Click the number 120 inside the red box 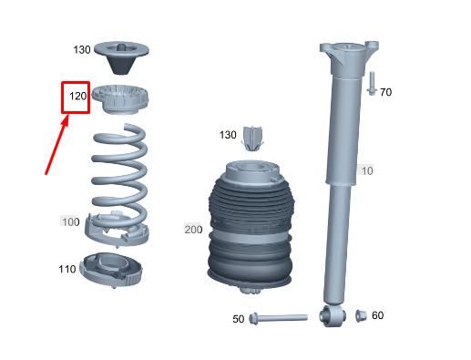coord(78,97)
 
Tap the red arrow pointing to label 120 coord(56,146)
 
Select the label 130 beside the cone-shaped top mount coord(82,50)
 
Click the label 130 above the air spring coord(228,135)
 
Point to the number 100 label coord(71,221)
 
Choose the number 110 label coord(67,269)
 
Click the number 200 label coord(193,230)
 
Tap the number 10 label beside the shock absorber coord(367,170)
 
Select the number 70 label coord(386,92)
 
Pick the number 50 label coord(239,319)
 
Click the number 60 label coord(378,315)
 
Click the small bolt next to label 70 coord(372,84)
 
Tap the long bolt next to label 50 coord(278,318)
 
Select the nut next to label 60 coord(361,316)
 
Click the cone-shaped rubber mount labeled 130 coord(121,57)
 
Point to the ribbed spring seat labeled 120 coord(120,99)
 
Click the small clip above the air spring coord(252,139)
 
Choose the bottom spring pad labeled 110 coord(110,271)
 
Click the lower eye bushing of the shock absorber coord(333,316)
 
